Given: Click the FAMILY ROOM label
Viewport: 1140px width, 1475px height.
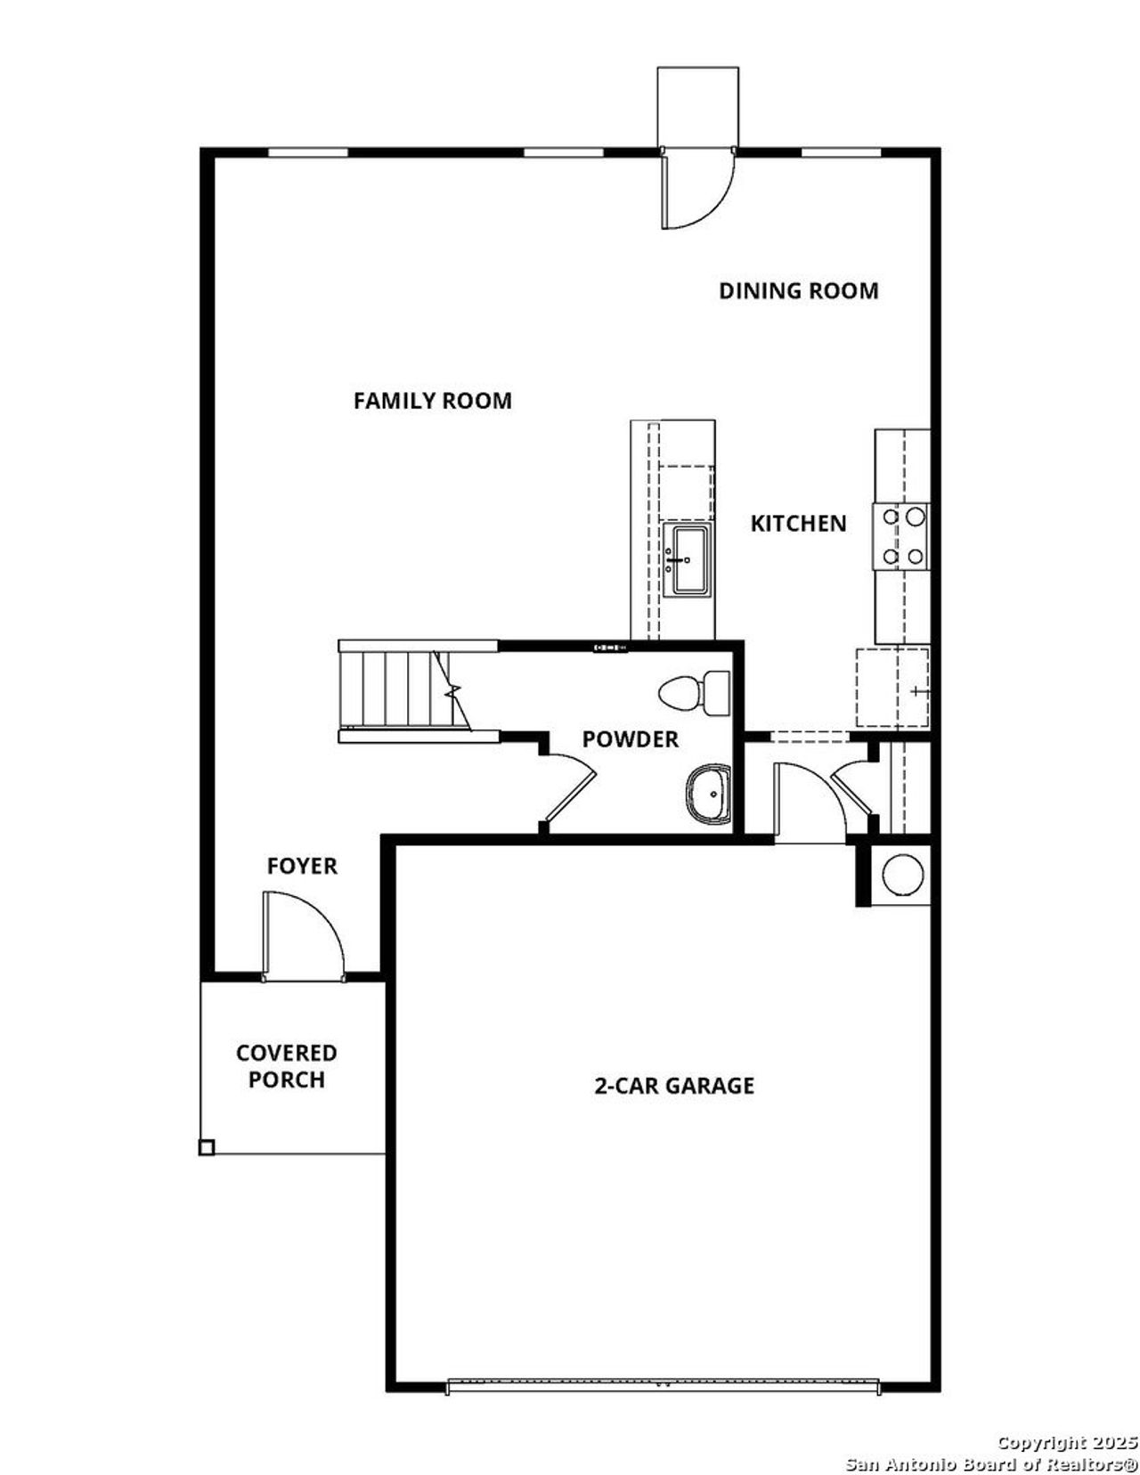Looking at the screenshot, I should [432, 401].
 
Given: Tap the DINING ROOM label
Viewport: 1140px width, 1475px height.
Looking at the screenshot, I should [798, 290].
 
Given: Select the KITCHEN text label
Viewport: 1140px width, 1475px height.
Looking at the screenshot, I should [798, 523].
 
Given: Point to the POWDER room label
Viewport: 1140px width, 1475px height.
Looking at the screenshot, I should [630, 739].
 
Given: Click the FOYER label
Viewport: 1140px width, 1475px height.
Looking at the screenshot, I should [302, 866].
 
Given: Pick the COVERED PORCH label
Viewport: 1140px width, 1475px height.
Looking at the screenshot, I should [286, 1066].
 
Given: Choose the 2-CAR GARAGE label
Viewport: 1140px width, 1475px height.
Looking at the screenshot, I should [674, 1085].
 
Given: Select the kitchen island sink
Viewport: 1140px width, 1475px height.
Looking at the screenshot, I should [689, 559].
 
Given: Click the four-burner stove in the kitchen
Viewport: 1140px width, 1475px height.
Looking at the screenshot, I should [901, 536].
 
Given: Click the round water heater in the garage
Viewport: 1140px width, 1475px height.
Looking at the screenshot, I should [901, 875].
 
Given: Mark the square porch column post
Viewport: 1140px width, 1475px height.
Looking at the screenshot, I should [206, 1148].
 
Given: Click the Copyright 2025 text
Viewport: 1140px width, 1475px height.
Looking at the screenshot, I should [1066, 1442].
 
